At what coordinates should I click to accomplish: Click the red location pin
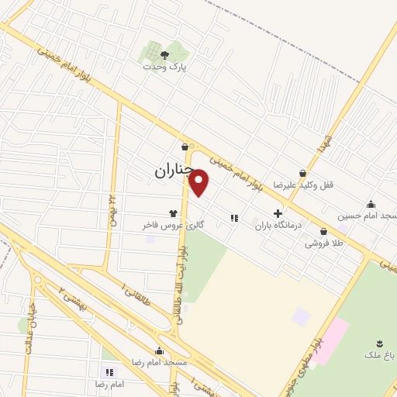(199, 182)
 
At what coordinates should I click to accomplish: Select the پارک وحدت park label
(164, 67)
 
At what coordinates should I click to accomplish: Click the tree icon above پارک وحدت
(164, 54)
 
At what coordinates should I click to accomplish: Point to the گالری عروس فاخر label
(172, 225)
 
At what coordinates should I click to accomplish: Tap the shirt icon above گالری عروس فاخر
(172, 212)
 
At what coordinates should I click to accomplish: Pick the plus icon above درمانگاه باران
(278, 212)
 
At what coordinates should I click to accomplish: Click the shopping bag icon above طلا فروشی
(323, 231)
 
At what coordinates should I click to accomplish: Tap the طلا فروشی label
(323, 243)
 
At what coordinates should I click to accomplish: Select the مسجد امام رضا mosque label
(159, 363)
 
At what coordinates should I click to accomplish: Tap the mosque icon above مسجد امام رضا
(159, 350)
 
